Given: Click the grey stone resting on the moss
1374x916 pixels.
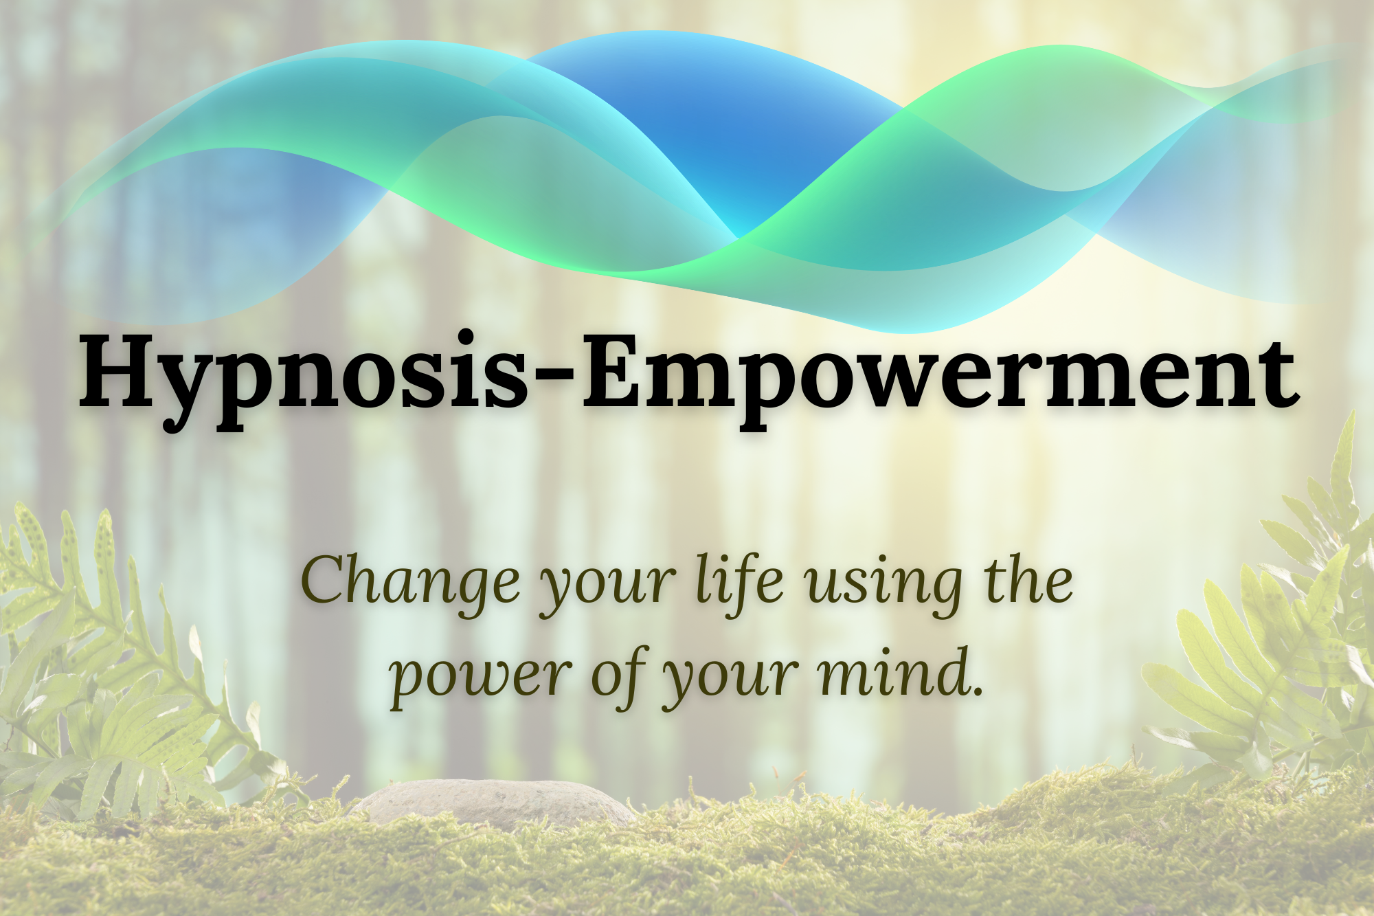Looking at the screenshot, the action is click(x=494, y=803).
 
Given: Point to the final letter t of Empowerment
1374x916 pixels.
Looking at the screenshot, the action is click(x=1278, y=379).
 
